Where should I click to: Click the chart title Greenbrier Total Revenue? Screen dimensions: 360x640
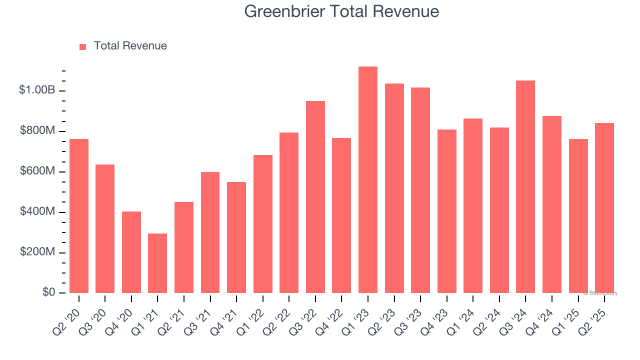pos(341,11)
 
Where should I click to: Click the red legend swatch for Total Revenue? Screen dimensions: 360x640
pos(83,46)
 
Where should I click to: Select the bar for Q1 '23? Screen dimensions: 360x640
pos(368,180)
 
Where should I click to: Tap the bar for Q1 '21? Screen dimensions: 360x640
pos(157,263)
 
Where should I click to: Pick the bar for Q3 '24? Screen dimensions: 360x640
pos(525,187)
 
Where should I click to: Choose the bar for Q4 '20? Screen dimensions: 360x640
pos(131,252)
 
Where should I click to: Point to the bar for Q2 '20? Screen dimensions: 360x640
pos(79,216)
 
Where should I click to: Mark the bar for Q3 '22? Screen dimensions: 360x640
pos(315,197)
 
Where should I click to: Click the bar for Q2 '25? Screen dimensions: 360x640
pos(604,208)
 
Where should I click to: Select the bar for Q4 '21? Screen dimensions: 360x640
pos(236,237)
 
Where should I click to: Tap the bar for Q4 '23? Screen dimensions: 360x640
pos(447,211)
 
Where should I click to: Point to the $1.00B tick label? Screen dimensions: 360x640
pos(37,90)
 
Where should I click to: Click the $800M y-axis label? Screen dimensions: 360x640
pos(37,131)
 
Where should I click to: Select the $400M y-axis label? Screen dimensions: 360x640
pos(37,212)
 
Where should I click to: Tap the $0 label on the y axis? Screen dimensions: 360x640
pos(48,292)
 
